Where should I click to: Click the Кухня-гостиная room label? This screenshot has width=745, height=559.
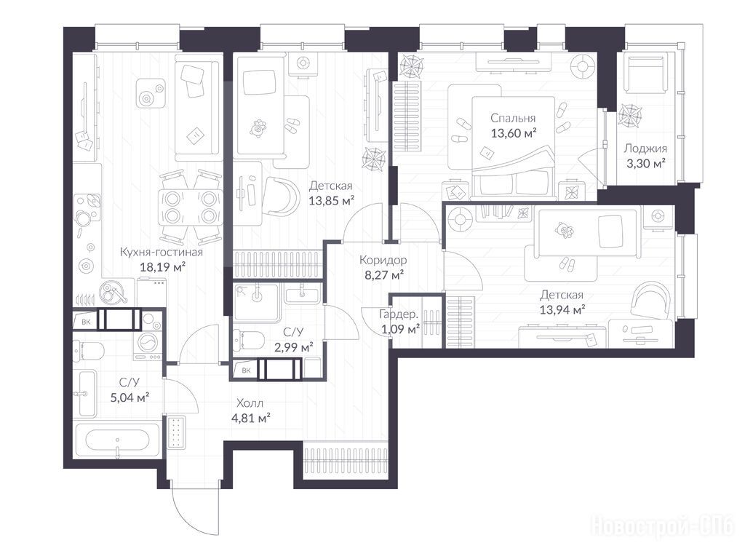click(161, 252)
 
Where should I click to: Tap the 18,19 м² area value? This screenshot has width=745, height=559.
click(162, 266)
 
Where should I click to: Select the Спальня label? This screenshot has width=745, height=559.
click(513, 119)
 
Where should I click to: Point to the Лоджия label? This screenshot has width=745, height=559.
click(645, 148)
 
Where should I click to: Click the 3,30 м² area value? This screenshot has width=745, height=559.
click(646, 164)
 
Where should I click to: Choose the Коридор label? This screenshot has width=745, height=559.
click(383, 260)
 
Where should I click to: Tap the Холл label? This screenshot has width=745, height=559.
click(250, 403)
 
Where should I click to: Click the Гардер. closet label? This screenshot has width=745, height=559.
click(399, 314)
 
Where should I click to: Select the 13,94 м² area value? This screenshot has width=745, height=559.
click(562, 310)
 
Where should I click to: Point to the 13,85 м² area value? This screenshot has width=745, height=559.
click(331, 201)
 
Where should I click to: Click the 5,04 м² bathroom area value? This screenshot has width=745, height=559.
click(130, 397)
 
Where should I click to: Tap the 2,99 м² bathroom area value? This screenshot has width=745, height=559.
click(294, 347)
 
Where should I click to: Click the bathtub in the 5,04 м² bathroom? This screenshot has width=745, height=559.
click(117, 440)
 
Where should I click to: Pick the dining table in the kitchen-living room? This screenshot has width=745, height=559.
click(191, 207)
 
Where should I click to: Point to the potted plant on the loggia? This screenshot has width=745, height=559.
click(630, 116)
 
